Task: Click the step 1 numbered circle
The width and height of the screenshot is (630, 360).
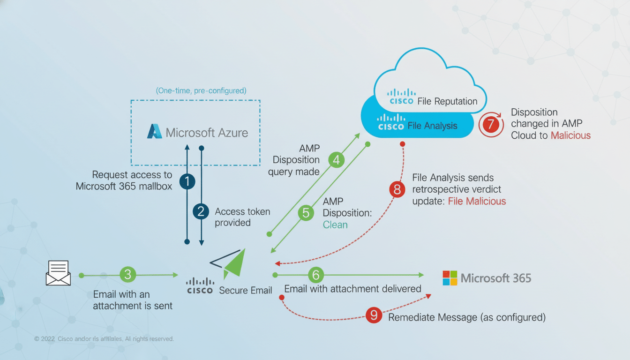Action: click(187, 181)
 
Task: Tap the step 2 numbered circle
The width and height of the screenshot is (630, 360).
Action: click(201, 211)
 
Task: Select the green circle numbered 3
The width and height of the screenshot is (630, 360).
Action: click(127, 275)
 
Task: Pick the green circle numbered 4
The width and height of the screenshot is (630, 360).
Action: click(336, 160)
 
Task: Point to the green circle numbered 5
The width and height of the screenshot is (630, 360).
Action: click(306, 213)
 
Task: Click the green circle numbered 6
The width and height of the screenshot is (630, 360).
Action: click(316, 275)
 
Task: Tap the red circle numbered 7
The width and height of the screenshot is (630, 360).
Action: click(491, 125)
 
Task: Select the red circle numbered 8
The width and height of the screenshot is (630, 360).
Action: click(397, 189)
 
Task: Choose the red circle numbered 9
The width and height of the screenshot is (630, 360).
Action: click(374, 315)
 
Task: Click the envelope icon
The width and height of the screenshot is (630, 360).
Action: click(58, 273)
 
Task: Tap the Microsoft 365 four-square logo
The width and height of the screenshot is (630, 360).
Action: click(450, 278)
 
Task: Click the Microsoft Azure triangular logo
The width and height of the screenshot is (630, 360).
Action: click(155, 132)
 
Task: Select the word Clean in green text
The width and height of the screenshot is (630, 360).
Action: click(335, 225)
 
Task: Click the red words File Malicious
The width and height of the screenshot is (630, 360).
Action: click(477, 201)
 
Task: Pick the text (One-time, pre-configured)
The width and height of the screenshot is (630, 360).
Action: click(201, 90)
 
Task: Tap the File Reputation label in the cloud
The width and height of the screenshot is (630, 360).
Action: click(447, 101)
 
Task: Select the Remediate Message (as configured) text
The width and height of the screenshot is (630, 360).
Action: click(467, 317)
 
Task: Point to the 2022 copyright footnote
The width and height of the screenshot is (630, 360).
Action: click(104, 338)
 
